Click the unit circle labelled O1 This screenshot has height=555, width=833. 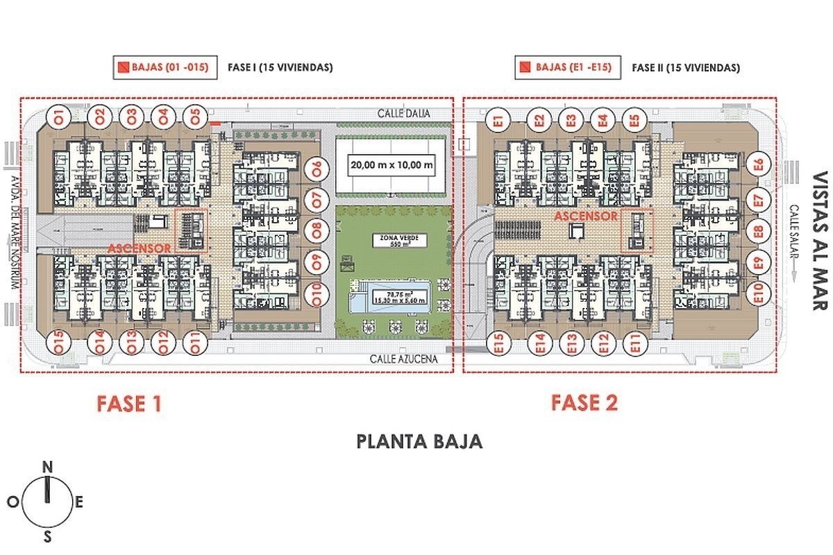click(x=59, y=117)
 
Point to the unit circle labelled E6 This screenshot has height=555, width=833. click(x=759, y=165)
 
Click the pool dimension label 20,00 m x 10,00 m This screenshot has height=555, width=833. click(x=392, y=166)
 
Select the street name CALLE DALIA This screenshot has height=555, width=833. click(x=404, y=113)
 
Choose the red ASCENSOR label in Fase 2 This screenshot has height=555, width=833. click(x=585, y=216)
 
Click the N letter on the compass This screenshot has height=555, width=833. click(x=47, y=467)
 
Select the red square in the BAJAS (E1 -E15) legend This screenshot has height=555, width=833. click(x=527, y=68)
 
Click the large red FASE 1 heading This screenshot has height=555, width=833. click(x=129, y=404)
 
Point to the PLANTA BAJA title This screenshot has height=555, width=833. click(x=419, y=442)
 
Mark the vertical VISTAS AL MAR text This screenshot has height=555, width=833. click(x=820, y=240)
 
